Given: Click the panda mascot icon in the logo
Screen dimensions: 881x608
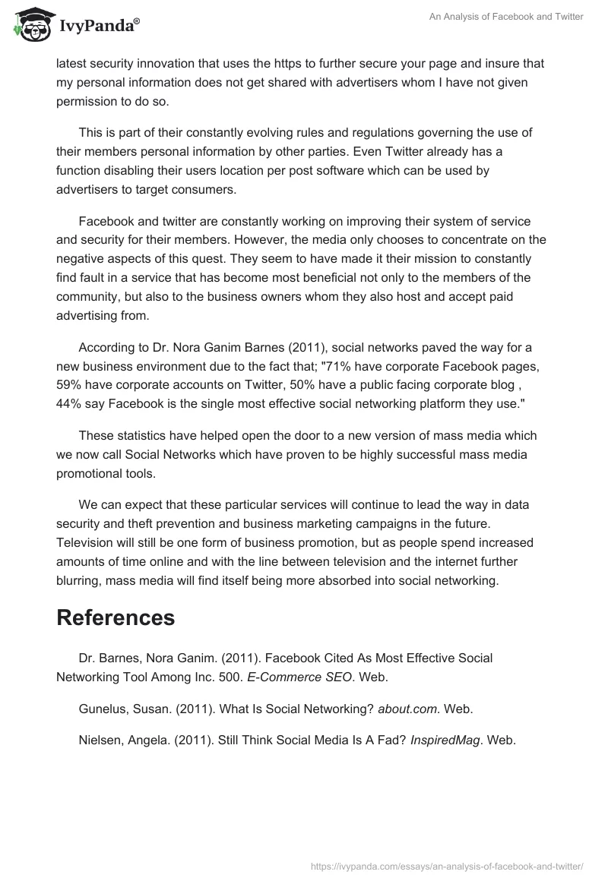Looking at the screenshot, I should coord(29,26).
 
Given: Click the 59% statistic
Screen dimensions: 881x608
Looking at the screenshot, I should coord(69,384).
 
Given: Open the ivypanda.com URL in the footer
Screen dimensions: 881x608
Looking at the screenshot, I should coord(447,865).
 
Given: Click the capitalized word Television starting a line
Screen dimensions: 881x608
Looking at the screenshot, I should coord(87,542).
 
